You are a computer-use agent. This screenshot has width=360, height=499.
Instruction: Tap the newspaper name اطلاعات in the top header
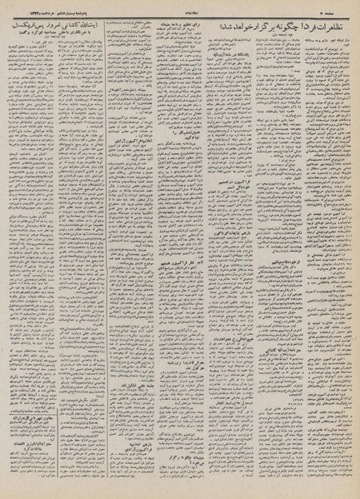(x=180, y=7)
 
